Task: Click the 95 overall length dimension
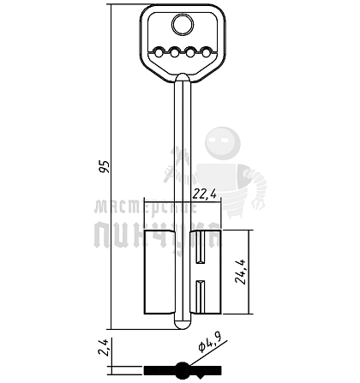click(105, 166)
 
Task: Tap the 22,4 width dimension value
click(204, 194)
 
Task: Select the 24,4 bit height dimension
click(240, 272)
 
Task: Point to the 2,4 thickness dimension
click(103, 347)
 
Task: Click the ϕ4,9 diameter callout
click(210, 342)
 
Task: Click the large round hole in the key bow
click(183, 25)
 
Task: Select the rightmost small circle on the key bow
click(206, 53)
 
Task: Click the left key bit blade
click(159, 272)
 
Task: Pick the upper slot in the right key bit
click(200, 247)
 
